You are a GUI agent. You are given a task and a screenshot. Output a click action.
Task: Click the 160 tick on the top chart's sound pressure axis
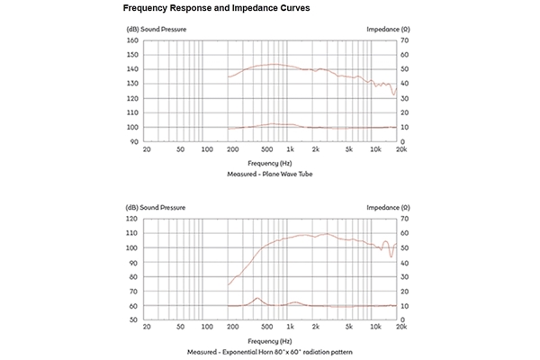click(131, 40)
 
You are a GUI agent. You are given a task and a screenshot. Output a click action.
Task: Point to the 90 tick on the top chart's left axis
click(133, 141)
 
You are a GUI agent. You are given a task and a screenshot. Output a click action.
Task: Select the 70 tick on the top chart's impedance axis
click(405, 40)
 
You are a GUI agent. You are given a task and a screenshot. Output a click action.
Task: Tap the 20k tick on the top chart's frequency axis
click(400, 149)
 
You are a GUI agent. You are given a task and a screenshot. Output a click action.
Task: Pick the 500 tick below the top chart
click(267, 149)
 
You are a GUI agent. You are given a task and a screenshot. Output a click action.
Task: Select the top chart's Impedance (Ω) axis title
click(389, 29)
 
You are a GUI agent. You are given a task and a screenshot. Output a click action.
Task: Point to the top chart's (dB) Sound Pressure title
click(156, 29)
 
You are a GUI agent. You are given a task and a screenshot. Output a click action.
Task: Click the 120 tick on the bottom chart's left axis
click(131, 219)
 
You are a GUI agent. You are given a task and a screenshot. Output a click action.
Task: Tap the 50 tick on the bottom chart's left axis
click(133, 320)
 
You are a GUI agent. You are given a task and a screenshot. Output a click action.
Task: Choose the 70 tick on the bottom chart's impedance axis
click(405, 219)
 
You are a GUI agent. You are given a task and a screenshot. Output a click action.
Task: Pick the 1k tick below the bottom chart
click(290, 328)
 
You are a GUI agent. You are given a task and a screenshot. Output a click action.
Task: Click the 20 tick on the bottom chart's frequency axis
click(147, 328)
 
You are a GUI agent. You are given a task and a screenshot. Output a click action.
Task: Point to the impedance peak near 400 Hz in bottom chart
click(257, 298)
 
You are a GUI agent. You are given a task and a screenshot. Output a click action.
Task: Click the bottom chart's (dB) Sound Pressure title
click(156, 208)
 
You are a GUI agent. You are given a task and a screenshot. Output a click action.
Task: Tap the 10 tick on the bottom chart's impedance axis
click(405, 306)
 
